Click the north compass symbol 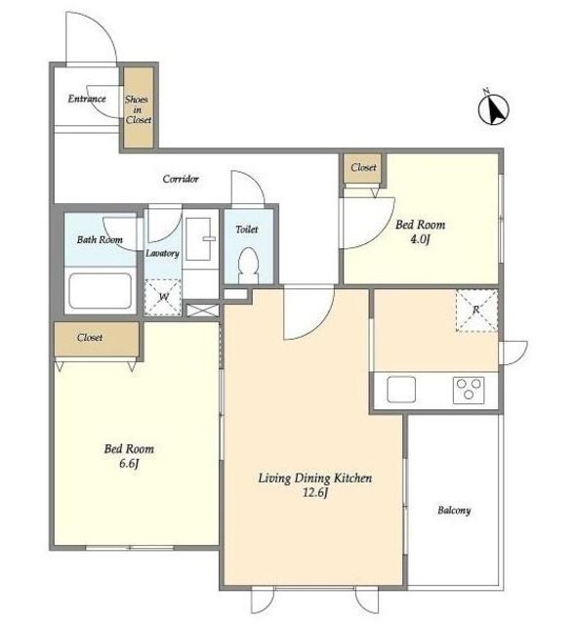coord(494,107)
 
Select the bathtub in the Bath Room coord(100,291)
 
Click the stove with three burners coord(469,390)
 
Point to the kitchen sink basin coord(401,389)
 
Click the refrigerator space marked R coord(476,311)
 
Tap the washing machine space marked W coord(162,297)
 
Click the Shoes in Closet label coord(139,109)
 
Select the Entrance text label coord(87,99)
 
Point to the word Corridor coord(181,179)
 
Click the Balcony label coord(454,510)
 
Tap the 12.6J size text coord(315,492)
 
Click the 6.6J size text coord(129,464)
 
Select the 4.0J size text coord(420,239)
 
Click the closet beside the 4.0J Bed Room coord(363,169)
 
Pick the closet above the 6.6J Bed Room coord(97,339)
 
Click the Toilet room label coord(247,229)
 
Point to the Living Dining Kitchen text coord(315,478)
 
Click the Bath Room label coord(100,239)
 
